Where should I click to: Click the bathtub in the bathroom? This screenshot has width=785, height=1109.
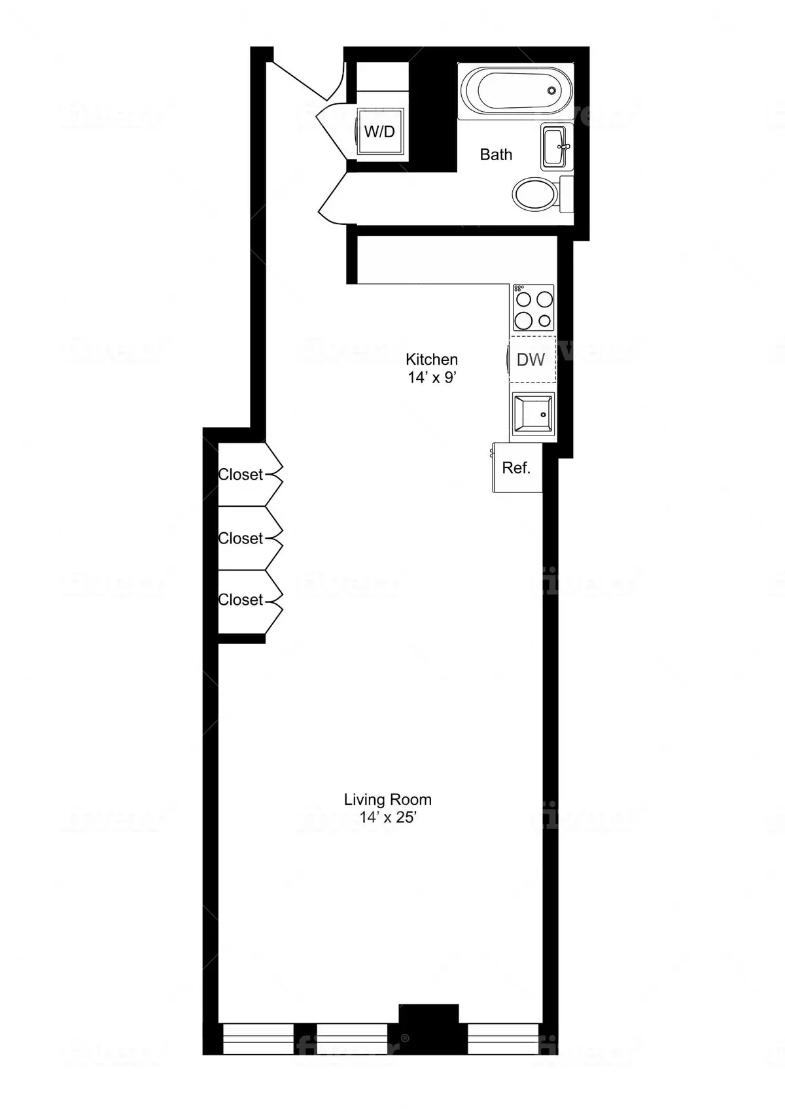coord(516,92)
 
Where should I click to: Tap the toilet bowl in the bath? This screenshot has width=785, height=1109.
coord(534,194)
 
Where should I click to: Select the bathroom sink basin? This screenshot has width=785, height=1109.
coord(555,147)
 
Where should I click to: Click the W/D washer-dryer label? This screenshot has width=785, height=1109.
coord(379,131)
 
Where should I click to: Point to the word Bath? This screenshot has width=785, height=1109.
coord(496,154)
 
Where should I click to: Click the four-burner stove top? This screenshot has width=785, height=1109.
coord(533,308)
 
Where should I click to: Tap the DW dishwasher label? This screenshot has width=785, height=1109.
coord(531,359)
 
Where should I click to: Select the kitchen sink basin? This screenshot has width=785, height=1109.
coord(532,413)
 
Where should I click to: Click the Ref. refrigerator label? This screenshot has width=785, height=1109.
coord(516,468)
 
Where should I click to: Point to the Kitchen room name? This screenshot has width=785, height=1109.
coord(432,359)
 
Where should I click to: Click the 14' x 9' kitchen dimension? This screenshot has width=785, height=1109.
coord(432,377)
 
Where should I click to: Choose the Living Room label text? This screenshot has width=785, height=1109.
coord(388,799)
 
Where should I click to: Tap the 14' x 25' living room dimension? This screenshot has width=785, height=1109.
coord(388,817)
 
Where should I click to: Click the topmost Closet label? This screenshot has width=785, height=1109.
coord(241,474)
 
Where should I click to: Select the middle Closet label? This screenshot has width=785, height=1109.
coord(241,537)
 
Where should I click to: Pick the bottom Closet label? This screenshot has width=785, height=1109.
coord(241,599)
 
